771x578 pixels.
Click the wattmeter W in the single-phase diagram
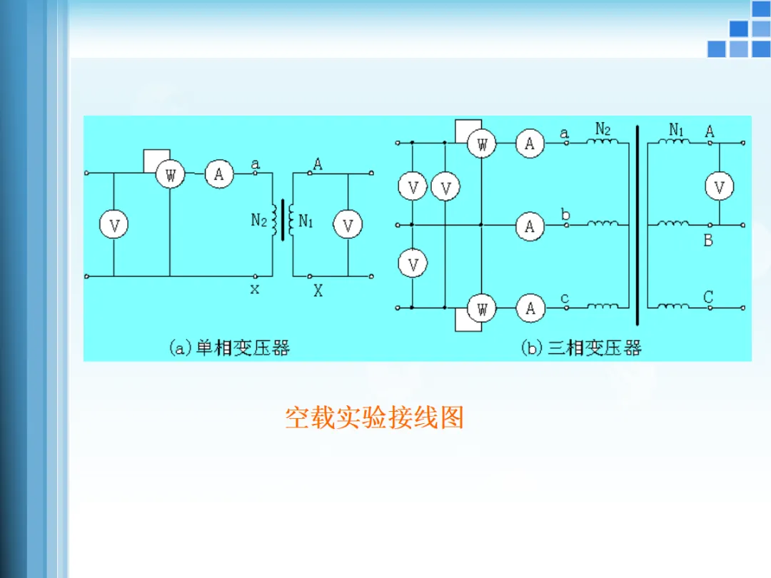(170, 174)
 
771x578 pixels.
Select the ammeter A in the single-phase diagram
(219, 173)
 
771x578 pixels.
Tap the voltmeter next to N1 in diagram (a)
(348, 226)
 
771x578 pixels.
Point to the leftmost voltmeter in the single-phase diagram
(114, 226)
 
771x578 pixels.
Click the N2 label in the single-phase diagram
(259, 220)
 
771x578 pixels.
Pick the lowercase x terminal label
(255, 289)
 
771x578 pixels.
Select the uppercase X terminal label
(318, 290)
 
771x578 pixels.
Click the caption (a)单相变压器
(229, 348)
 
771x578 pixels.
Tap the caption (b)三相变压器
(581, 348)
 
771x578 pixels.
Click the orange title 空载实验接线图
(374, 417)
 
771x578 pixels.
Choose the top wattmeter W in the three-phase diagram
(482, 143)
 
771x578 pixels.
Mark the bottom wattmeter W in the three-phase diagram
(482, 308)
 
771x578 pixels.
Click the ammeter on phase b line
(530, 226)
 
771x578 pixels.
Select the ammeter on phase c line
(530, 308)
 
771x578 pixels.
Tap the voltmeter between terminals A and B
(719, 187)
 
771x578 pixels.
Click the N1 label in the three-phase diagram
(676, 130)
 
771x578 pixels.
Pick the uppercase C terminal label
(708, 296)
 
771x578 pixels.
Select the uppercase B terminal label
(708, 240)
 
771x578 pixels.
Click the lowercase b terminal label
(565, 213)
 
